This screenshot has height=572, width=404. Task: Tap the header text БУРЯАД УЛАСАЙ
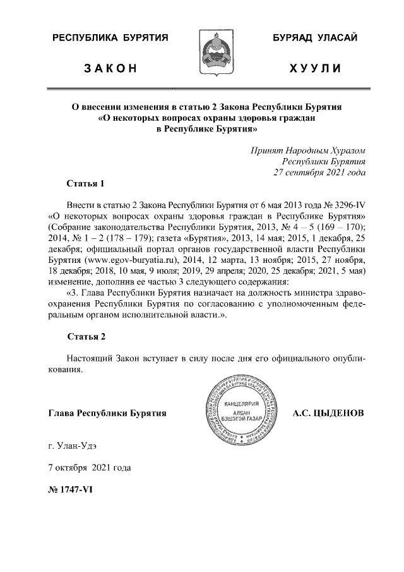pyautogui.click(x=315, y=39)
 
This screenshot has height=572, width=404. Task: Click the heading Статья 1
pyautogui.click(x=85, y=184)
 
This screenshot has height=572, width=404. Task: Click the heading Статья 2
pyautogui.click(x=85, y=336)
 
